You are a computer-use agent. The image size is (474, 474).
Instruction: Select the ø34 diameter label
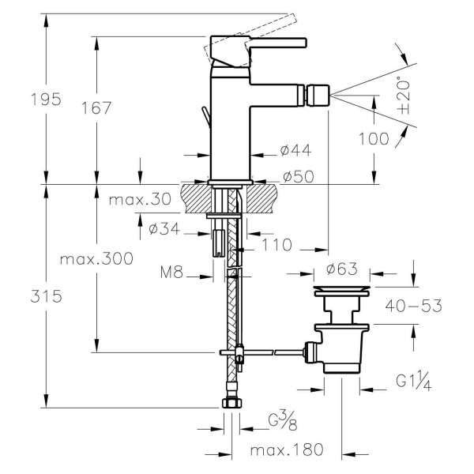point(168,229)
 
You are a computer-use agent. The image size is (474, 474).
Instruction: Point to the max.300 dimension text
point(98,258)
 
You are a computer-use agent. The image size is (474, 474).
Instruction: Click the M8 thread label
point(171,273)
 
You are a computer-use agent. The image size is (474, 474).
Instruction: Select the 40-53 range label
point(413,304)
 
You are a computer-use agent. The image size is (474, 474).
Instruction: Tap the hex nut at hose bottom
point(231,403)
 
